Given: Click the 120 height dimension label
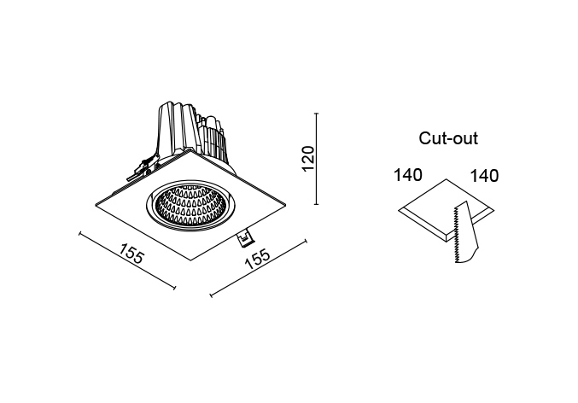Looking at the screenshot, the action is click(308, 159).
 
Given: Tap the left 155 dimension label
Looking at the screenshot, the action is click(131, 253).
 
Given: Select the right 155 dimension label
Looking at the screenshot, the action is click(258, 259).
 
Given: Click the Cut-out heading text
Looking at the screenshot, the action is click(448, 138).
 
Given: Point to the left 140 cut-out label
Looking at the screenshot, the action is click(408, 175).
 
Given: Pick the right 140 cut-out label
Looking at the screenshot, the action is click(484, 176).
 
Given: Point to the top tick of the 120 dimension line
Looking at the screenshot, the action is click(316, 114).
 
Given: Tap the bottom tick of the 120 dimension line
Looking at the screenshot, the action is click(316, 203).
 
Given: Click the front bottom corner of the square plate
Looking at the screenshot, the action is click(190, 260).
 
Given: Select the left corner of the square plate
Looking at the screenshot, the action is click(96, 205).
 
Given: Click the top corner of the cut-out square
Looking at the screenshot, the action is click(447, 179).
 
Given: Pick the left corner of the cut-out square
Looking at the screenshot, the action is click(399, 210).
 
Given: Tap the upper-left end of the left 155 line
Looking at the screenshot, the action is click(80, 232).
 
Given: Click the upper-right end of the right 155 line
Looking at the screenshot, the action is click(306, 241).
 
